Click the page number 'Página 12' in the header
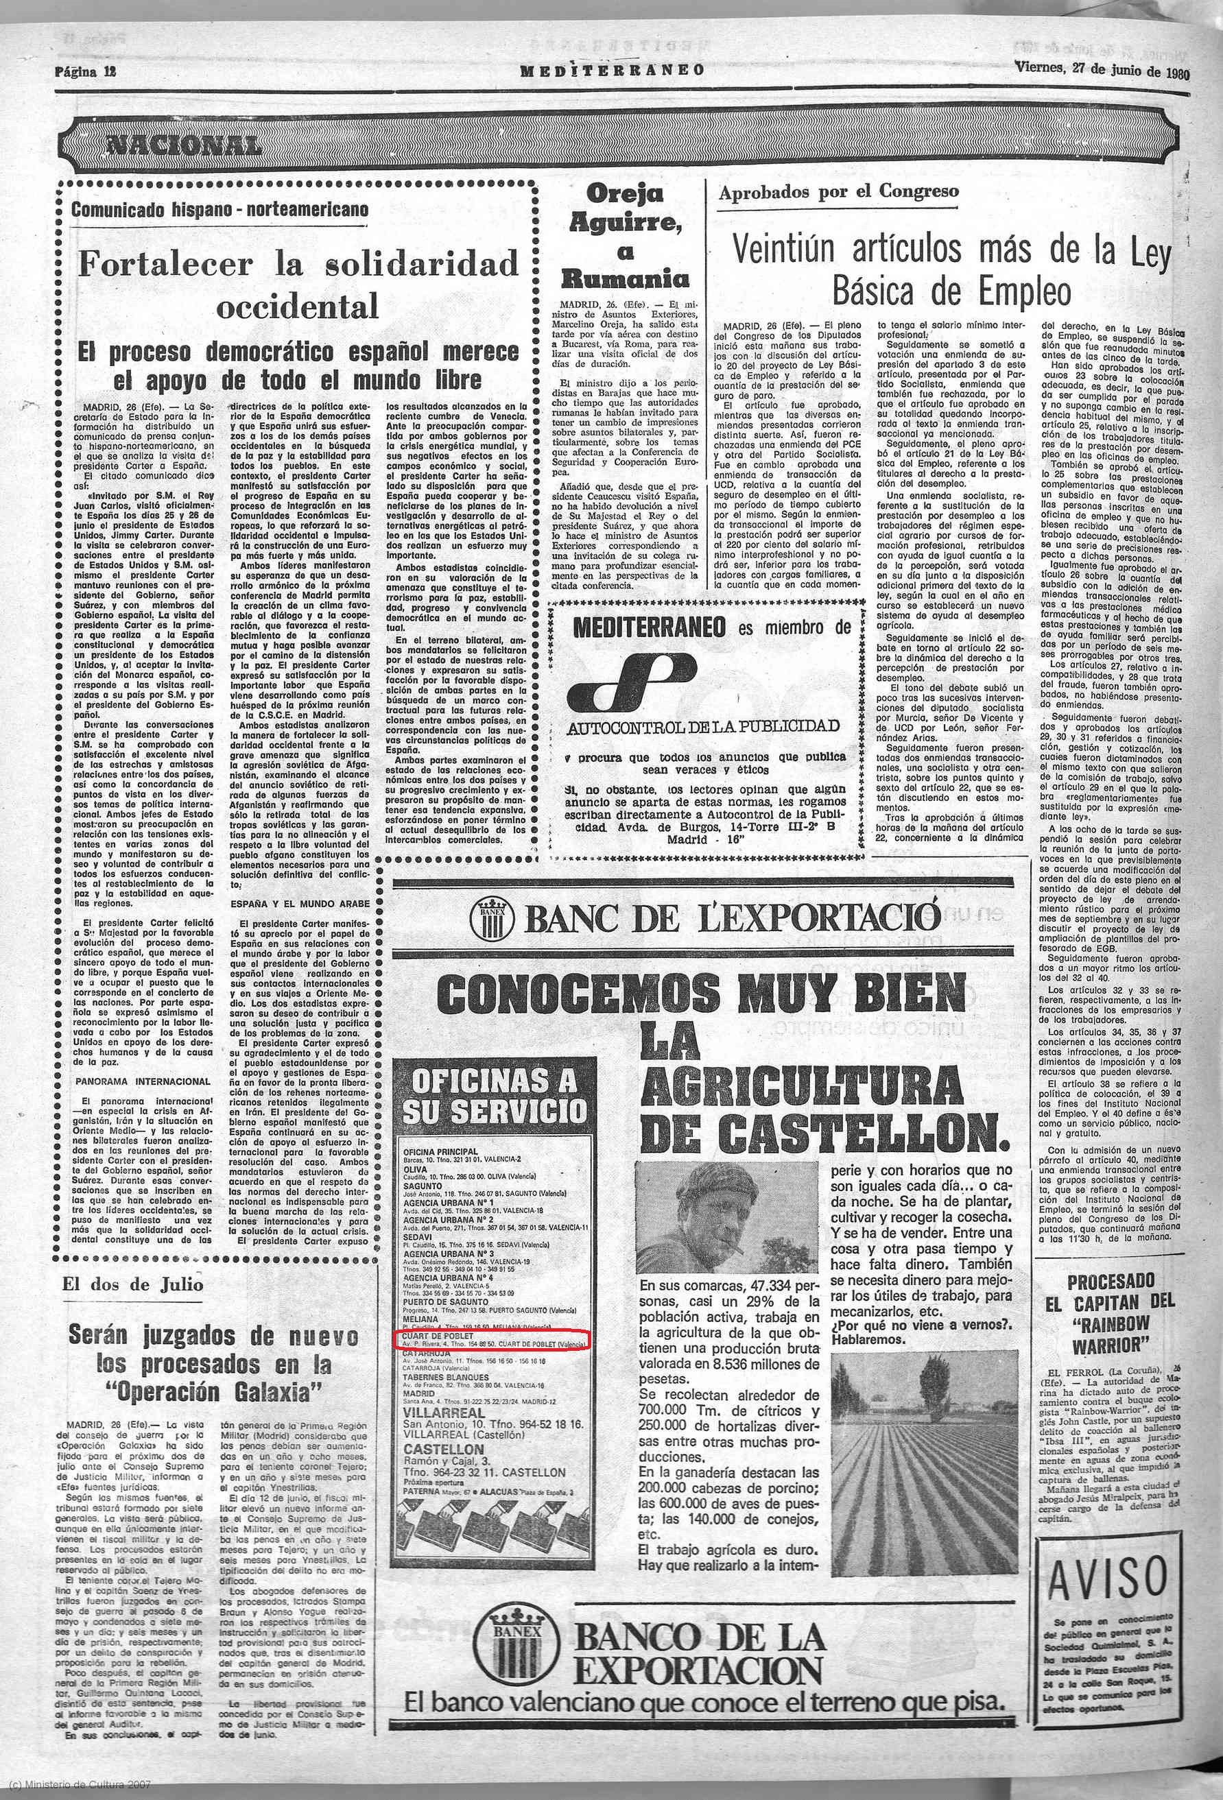[x=84, y=71]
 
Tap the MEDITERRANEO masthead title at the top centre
[x=612, y=71]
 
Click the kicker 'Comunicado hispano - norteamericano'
[x=220, y=209]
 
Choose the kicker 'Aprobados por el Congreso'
[x=838, y=192]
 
